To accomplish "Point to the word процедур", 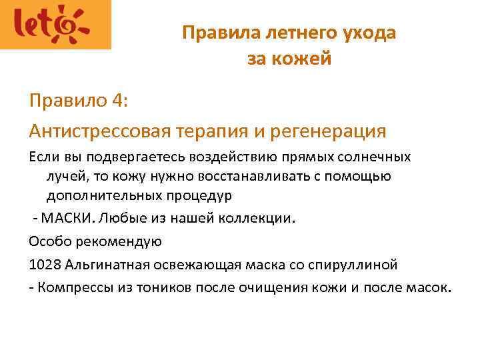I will pyautogui.click(x=198, y=198).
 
